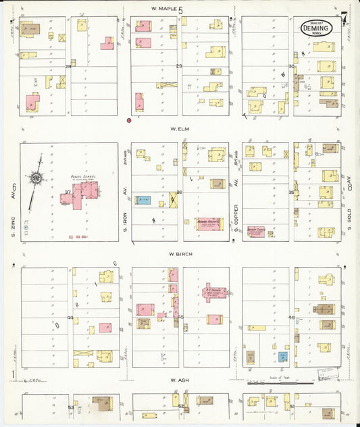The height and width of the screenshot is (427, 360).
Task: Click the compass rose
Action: [x=36, y=178]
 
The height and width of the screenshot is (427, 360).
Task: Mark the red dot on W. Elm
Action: [x=128, y=121]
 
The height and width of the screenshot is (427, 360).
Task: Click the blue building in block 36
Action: [x=143, y=200]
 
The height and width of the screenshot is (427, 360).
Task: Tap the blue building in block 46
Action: [x=283, y=355]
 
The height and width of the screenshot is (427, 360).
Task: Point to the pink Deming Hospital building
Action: [x=209, y=224]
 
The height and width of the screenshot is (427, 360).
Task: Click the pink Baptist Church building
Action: [x=256, y=231]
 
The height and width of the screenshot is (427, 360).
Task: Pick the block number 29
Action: [x=179, y=66]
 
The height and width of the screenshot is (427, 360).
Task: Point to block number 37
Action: [x=68, y=193]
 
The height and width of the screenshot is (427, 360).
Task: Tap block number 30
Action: [x=291, y=66]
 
